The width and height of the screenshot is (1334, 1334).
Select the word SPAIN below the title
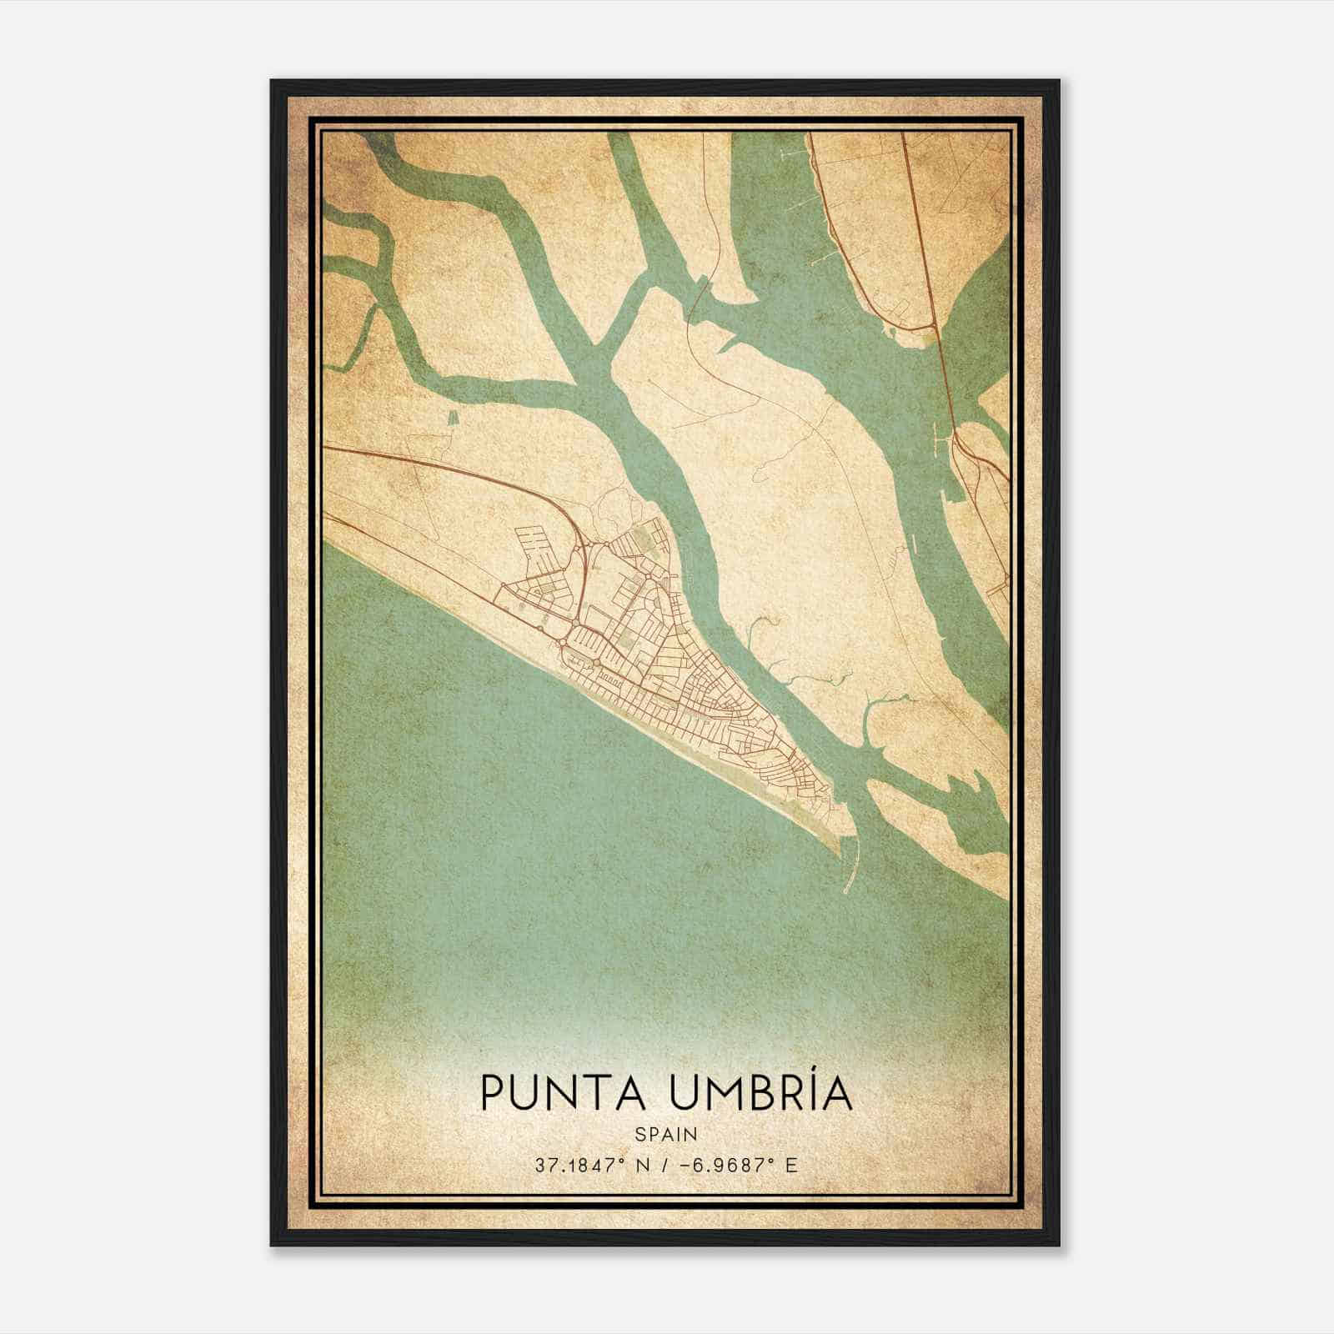pyautogui.click(x=666, y=1134)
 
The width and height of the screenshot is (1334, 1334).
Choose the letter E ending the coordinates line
pyautogui.click(x=791, y=1165)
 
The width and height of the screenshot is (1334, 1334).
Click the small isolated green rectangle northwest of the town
pyautogui.click(x=453, y=419)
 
